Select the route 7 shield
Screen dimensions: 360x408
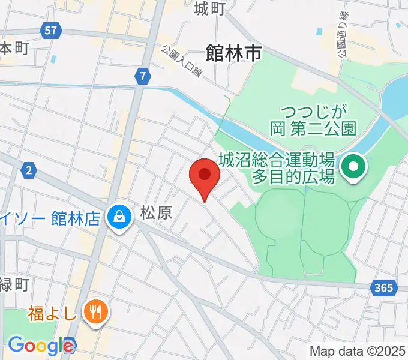tap(142, 76)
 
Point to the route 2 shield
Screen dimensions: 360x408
tap(28, 171)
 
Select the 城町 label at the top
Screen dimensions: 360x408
tap(209, 8)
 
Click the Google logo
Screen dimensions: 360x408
tap(41, 345)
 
